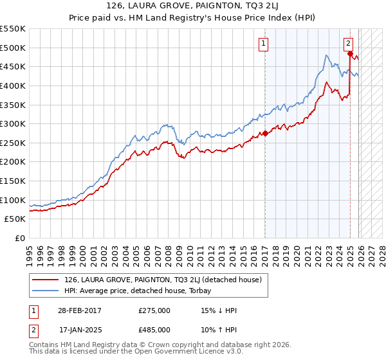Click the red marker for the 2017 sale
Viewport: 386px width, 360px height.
[265, 134]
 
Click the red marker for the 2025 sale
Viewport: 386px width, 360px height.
[350, 53]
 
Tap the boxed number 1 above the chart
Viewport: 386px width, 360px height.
[264, 44]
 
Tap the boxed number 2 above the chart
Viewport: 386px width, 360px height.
[348, 44]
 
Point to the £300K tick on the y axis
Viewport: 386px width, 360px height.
[13, 123]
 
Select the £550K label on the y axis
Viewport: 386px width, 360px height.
[13, 29]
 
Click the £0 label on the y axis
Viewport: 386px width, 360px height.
[20, 238]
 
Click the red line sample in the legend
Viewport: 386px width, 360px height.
[46, 280]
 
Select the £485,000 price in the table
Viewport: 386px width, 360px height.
[154, 329]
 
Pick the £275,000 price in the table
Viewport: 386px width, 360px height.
[154, 310]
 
